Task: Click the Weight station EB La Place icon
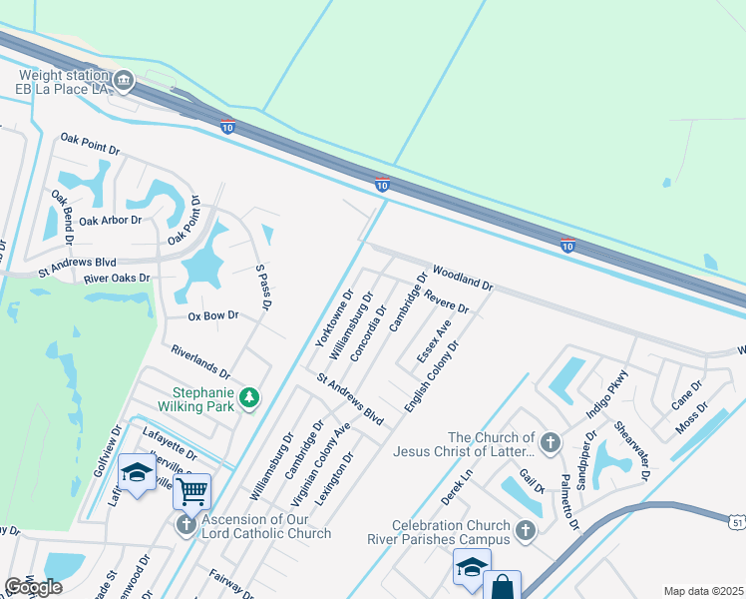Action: click(x=123, y=79)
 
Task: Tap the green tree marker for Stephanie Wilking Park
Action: click(x=248, y=399)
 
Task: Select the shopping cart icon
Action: click(x=190, y=490)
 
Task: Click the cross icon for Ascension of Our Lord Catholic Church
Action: click(x=186, y=524)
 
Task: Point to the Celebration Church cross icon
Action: click(x=526, y=529)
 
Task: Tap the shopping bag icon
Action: click(x=502, y=586)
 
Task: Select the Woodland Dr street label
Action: click(x=463, y=278)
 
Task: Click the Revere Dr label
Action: click(x=445, y=299)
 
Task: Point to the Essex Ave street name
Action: click(x=434, y=340)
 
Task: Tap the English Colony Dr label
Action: click(x=431, y=377)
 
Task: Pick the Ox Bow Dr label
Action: click(x=213, y=315)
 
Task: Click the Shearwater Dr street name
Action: click(x=632, y=449)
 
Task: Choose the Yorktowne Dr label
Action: click(x=335, y=318)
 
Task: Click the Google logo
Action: click(x=33, y=587)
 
